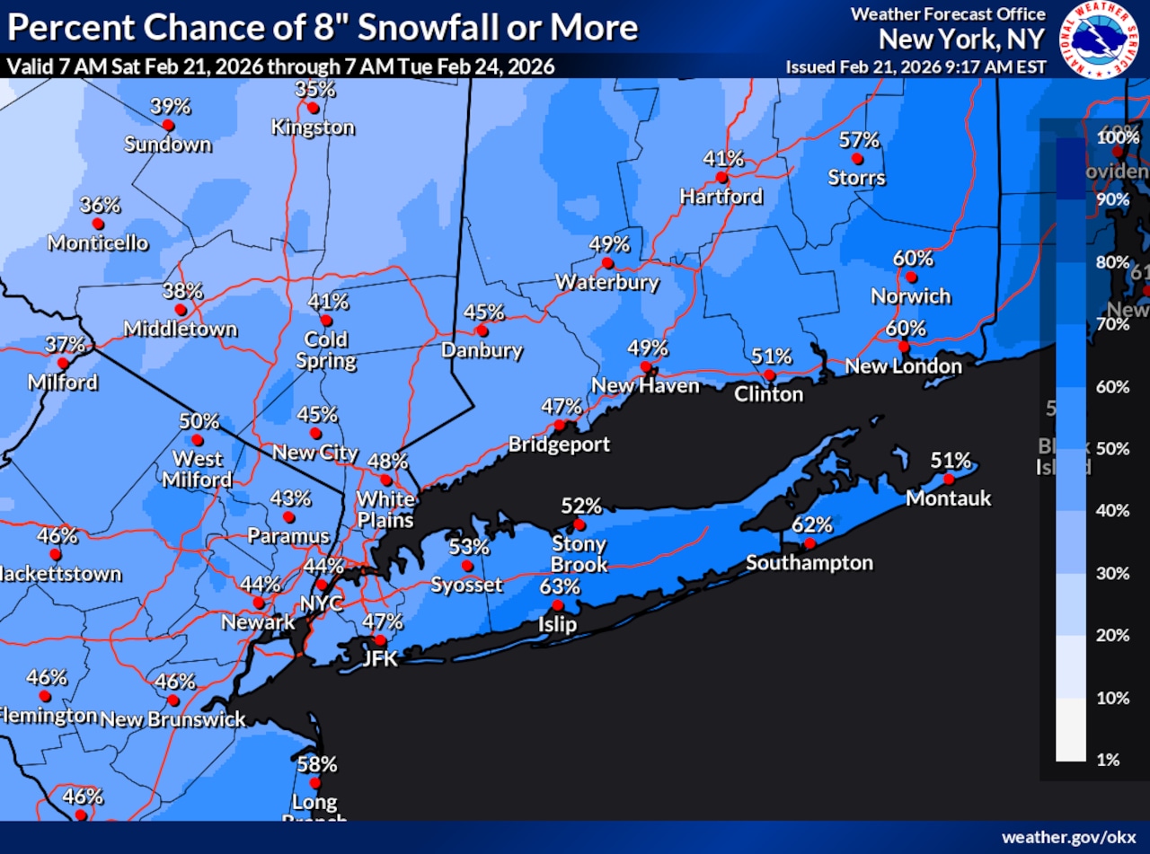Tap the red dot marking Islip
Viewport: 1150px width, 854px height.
tap(558, 606)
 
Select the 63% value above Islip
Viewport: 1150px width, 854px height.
tap(560, 587)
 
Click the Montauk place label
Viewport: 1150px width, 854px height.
tap(949, 497)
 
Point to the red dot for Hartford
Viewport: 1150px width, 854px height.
tap(721, 177)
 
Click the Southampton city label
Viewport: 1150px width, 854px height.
tap(809, 563)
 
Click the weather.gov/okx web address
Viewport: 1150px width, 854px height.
tap(1069, 837)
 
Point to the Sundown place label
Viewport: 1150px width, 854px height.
tap(168, 145)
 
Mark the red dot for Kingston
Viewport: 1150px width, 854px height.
tap(313, 108)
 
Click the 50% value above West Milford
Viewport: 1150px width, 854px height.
tap(199, 421)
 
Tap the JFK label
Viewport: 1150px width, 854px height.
tap(380, 659)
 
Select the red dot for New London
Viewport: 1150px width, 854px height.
tap(904, 347)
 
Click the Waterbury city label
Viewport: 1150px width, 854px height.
tap(607, 282)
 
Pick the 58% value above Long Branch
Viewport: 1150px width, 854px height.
tap(317, 764)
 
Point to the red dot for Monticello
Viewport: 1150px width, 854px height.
tap(98, 224)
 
